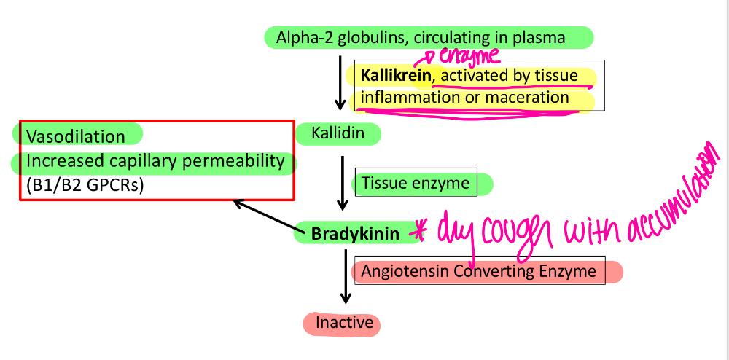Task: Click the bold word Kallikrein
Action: pos(397,75)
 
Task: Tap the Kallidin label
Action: pos(338,134)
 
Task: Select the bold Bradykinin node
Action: pos(355,233)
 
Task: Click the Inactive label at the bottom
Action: pos(344,322)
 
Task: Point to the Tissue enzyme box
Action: pos(416,182)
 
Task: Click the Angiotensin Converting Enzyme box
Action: pos(480,270)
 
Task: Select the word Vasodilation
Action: pos(76,136)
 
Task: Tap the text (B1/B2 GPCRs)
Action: pos(85,185)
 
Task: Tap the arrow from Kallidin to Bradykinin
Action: pos(343,183)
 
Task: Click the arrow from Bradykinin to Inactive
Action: pos(346,276)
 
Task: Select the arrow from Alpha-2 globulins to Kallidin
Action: pos(340,83)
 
